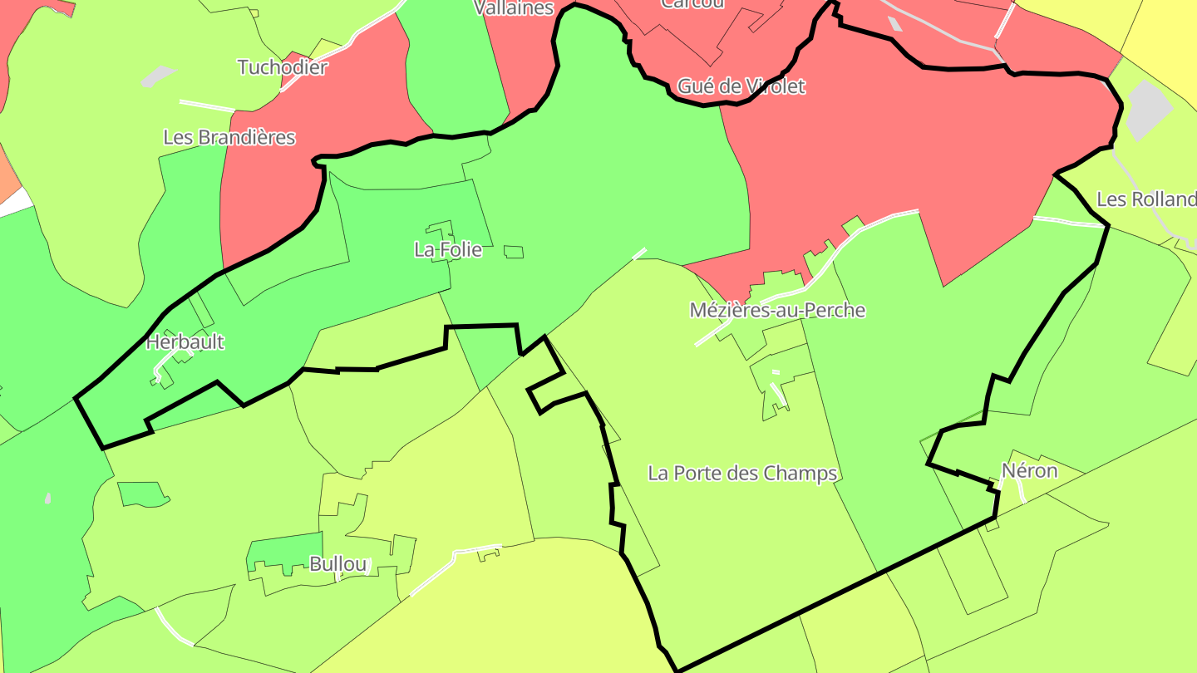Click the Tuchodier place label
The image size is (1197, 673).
[283, 67]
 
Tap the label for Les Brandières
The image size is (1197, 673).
[229, 137]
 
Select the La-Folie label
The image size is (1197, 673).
[448, 249]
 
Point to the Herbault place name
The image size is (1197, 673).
[185, 342]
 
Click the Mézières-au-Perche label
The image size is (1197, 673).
[777, 311]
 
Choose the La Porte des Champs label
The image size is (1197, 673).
[742, 474]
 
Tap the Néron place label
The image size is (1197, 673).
[1029, 471]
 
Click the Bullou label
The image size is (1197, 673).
[337, 565]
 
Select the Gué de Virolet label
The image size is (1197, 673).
[741, 86]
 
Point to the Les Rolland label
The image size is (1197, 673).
[1145, 199]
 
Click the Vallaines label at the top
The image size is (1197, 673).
[514, 8]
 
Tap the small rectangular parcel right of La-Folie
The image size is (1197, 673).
[514, 252]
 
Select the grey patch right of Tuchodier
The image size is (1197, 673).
[157, 77]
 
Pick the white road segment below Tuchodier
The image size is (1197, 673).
[207, 106]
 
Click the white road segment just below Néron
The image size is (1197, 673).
[1022, 492]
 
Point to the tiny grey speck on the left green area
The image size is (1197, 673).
[47, 499]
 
